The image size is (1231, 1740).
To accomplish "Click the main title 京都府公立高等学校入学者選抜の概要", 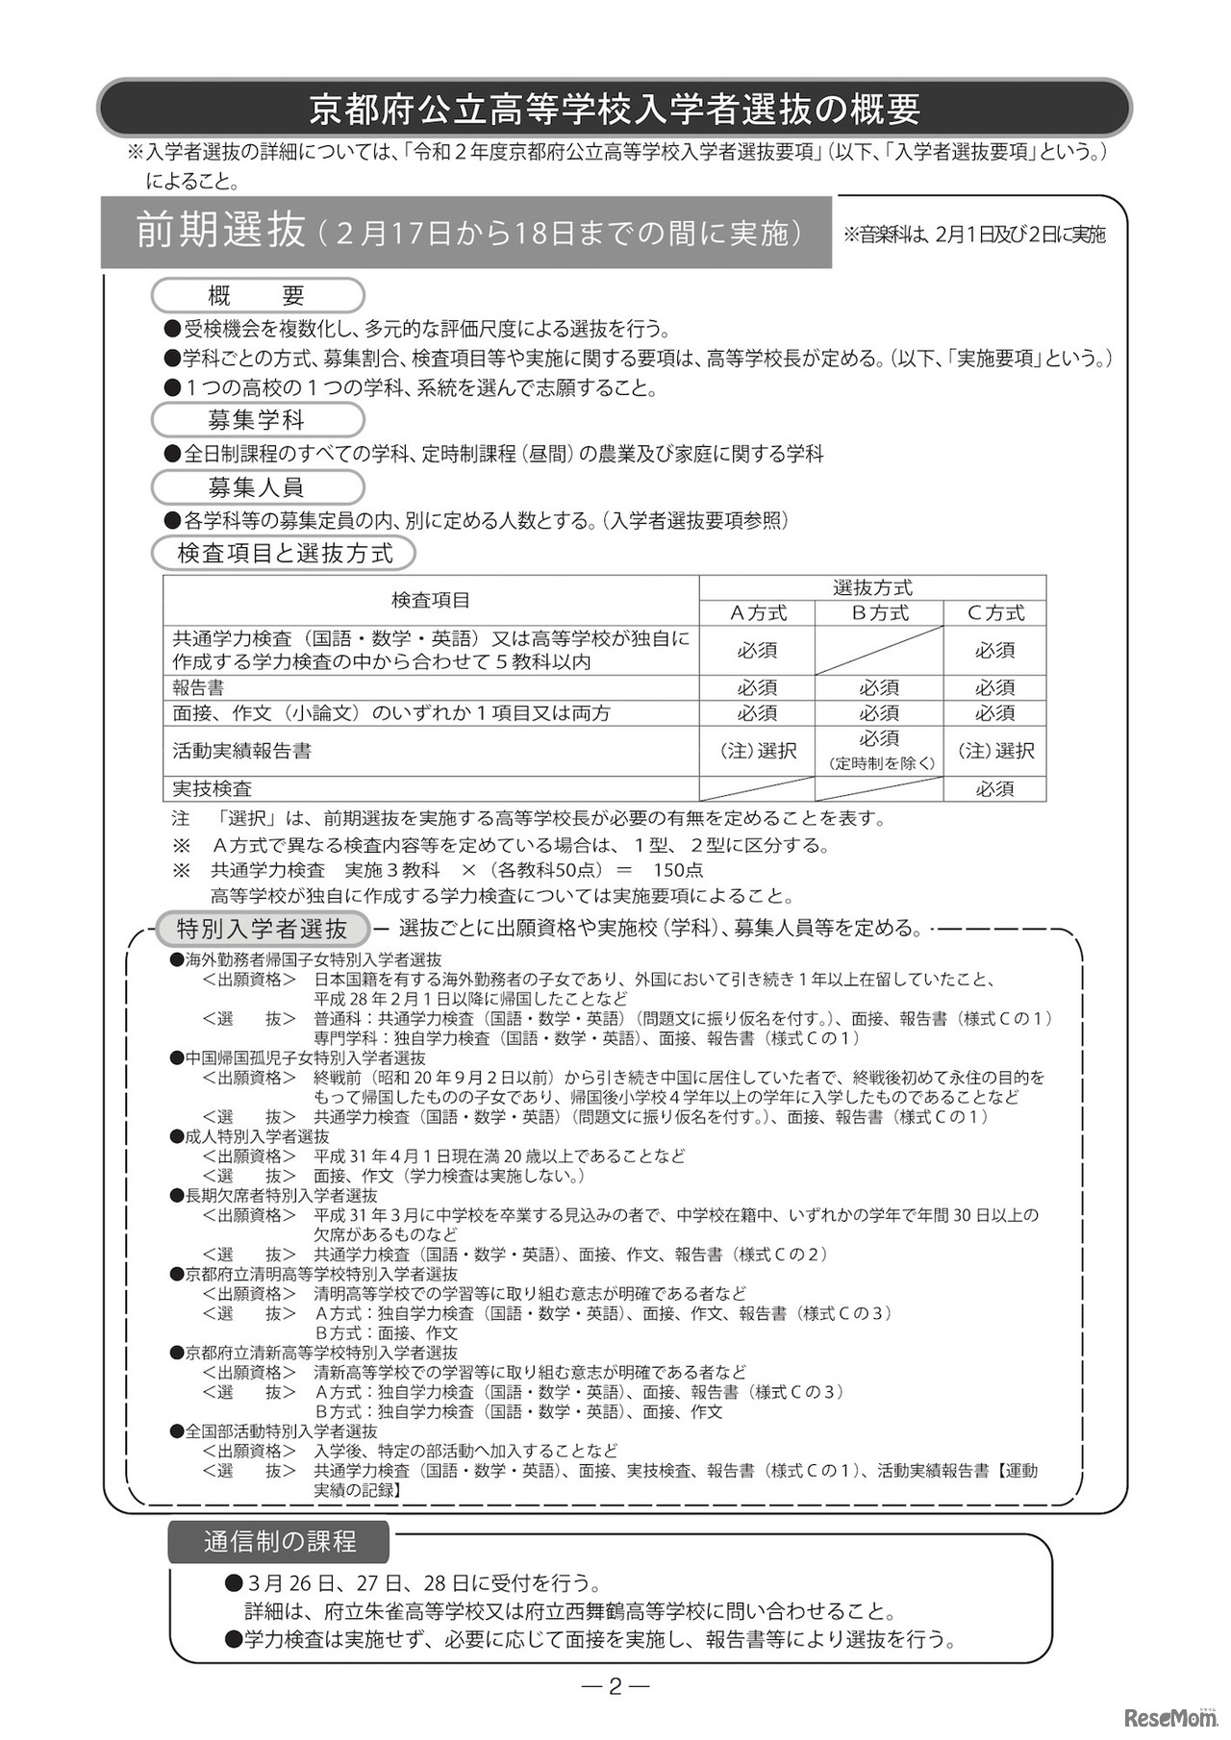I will (615, 109).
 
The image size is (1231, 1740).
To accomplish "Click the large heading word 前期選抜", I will (220, 232).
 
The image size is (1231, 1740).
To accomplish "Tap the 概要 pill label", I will (257, 295).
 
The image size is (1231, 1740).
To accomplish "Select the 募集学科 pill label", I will (257, 420).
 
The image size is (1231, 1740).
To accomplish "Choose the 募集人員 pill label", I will (257, 487).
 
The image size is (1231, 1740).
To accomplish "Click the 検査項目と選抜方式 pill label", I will (285, 554).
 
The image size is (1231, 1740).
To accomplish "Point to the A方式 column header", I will (758, 613).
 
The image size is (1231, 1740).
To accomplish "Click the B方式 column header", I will (879, 613).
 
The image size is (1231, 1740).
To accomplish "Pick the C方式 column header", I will (995, 613).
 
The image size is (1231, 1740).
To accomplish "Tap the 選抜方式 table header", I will (872, 588).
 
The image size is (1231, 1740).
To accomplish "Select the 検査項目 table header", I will (431, 601).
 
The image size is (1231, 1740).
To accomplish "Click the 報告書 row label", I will (199, 688).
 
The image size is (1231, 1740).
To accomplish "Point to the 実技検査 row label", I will (213, 789).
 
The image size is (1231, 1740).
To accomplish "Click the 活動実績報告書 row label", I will (242, 751).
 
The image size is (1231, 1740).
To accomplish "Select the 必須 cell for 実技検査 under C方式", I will (995, 789).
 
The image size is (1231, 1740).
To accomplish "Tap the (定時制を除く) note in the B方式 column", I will (879, 763).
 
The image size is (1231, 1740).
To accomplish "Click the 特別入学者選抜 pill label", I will (263, 930).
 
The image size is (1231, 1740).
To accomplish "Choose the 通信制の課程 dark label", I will (279, 1542).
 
